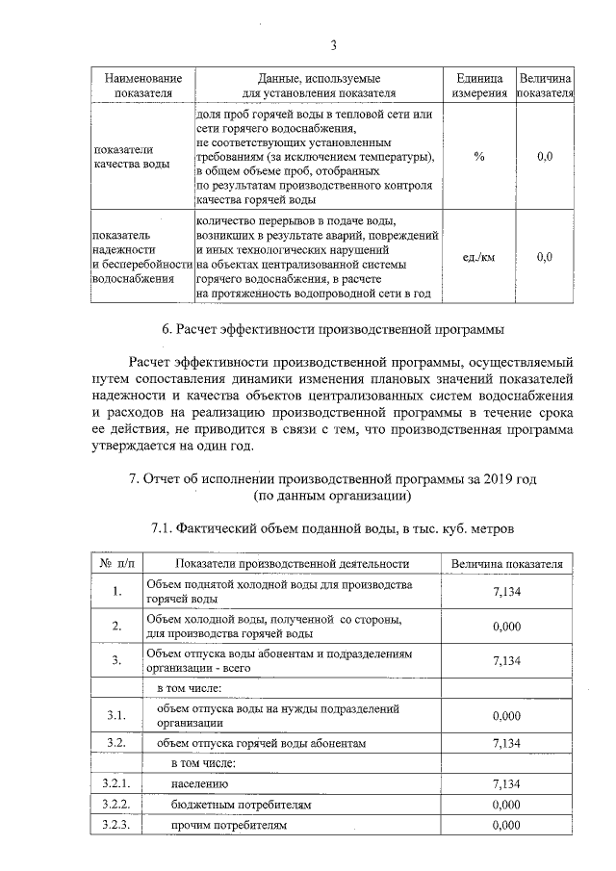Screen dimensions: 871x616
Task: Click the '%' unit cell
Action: point(479,156)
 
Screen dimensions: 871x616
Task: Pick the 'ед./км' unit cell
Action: point(479,257)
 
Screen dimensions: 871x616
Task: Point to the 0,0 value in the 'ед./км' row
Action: point(544,257)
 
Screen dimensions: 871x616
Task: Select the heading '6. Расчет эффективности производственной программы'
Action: point(333,329)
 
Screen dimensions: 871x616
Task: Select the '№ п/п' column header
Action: point(115,563)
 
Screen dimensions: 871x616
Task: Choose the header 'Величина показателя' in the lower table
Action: point(506,563)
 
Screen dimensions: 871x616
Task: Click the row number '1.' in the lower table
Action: point(115,592)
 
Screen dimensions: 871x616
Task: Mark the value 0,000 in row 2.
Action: point(506,627)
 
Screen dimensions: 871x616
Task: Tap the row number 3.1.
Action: point(115,716)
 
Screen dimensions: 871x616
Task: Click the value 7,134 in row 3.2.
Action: point(506,743)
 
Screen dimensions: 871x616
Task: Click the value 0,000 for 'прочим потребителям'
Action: point(506,825)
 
